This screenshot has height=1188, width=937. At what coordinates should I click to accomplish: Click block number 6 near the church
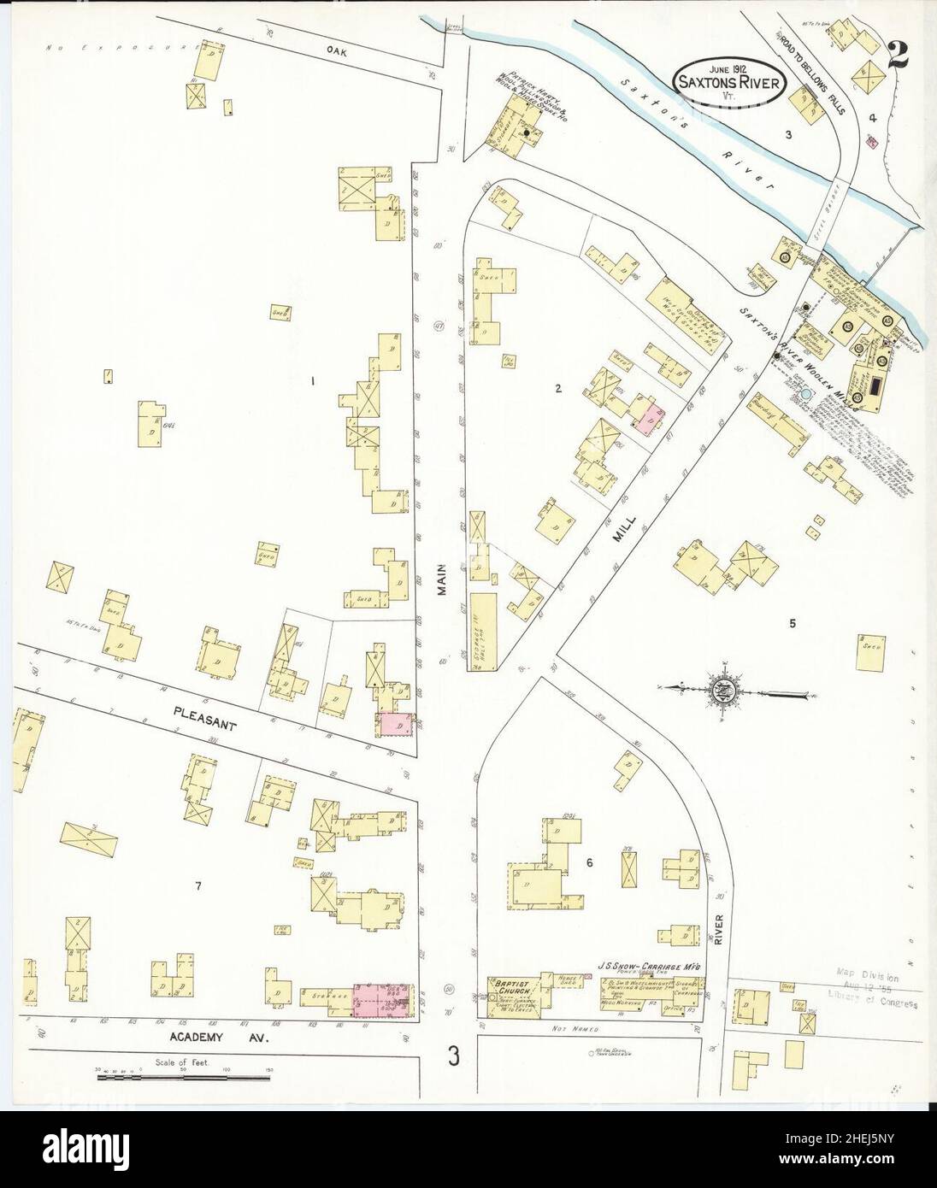589,862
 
